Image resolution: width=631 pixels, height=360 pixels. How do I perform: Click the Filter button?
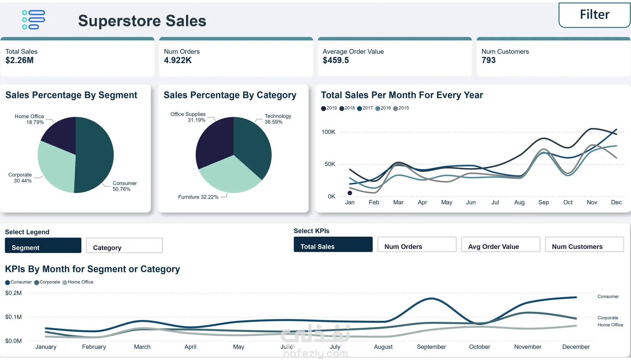(594, 15)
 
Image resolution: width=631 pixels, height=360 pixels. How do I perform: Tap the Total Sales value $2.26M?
(19, 60)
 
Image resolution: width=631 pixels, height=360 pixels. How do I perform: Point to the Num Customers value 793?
(488, 60)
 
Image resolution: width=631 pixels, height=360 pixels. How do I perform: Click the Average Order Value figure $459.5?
(336, 60)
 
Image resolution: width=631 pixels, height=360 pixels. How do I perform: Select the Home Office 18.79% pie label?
(30, 119)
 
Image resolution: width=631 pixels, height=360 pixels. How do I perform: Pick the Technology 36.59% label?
(278, 119)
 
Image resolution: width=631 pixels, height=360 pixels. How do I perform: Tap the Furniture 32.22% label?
(198, 197)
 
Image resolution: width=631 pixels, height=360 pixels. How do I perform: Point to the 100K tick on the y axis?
(328, 132)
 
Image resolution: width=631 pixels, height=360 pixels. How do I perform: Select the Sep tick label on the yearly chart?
(543, 202)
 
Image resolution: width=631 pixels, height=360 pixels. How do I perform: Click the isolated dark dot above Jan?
(350, 193)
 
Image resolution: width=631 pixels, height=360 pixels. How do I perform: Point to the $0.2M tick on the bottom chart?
(13, 293)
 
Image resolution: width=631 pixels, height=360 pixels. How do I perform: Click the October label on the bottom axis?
(479, 347)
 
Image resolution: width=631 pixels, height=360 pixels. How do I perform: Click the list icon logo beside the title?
(33, 20)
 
